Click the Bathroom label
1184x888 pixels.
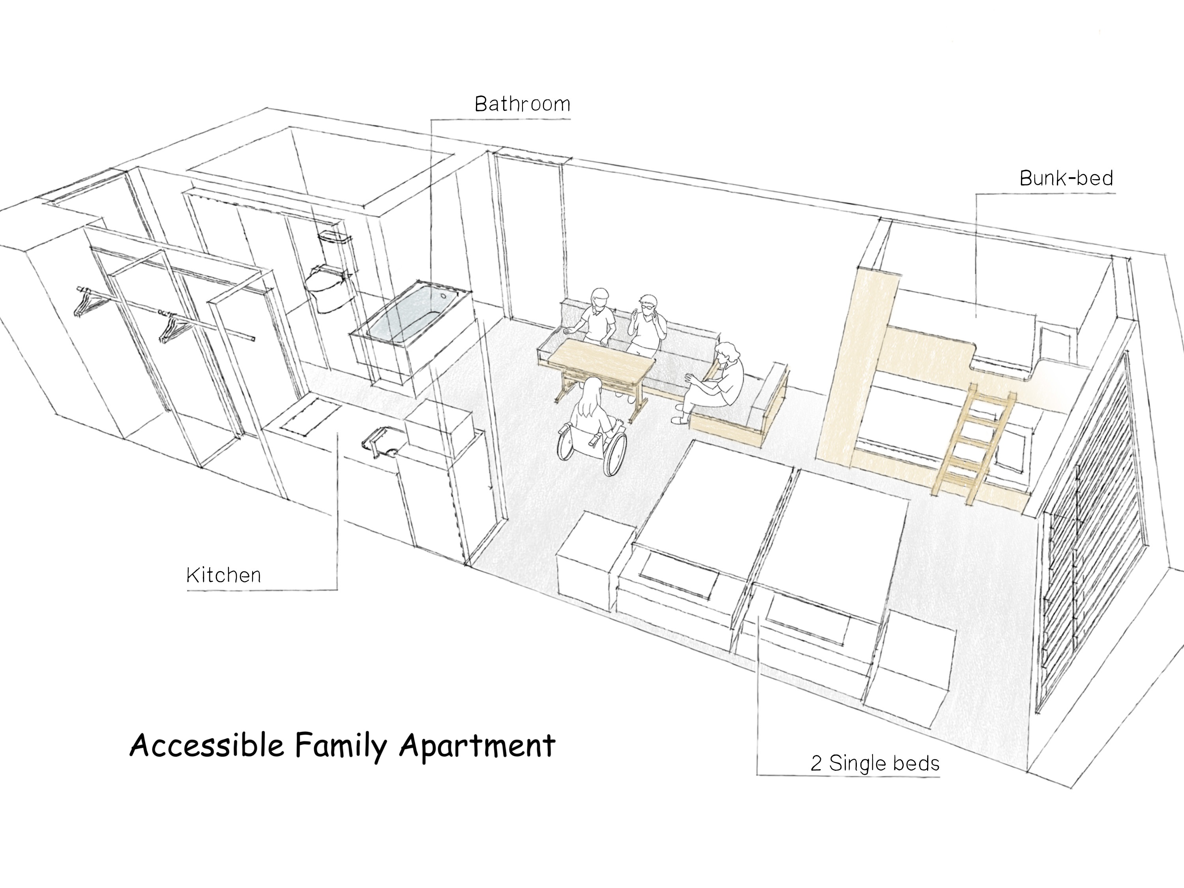coord(523,104)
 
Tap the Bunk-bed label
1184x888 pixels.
coord(1066,178)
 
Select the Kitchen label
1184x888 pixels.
coord(224,575)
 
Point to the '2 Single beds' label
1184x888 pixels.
coord(875,763)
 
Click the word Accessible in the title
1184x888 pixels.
coord(207,745)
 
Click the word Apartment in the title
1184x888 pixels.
coord(478,746)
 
